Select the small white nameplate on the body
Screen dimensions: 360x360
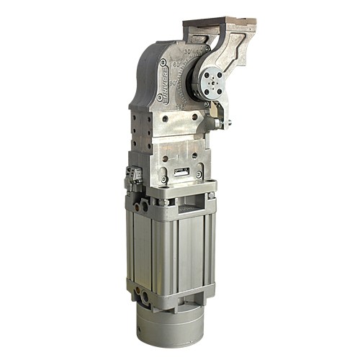pos(179,172)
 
